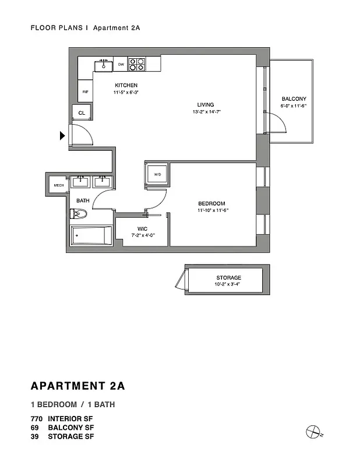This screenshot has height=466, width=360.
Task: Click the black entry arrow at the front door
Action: coord(62,136)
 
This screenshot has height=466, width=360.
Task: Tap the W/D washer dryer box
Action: coord(157,175)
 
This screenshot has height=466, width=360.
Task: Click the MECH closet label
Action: coord(59,185)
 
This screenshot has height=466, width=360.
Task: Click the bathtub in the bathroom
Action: coord(91,236)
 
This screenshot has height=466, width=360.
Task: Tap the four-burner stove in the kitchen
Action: coord(137,63)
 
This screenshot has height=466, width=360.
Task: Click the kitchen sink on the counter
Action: coord(104,64)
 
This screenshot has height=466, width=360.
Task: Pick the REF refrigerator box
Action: coord(85,91)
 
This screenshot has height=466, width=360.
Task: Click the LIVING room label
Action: coord(206,105)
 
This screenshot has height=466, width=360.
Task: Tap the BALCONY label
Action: coord(294,99)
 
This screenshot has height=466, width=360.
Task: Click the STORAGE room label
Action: coord(228,278)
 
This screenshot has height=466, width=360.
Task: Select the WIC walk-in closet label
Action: coord(142,228)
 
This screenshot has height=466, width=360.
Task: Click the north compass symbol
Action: coord(313,432)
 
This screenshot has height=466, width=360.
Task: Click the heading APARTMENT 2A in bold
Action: coord(77,386)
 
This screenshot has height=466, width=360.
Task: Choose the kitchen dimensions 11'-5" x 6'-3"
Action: coord(126,92)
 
